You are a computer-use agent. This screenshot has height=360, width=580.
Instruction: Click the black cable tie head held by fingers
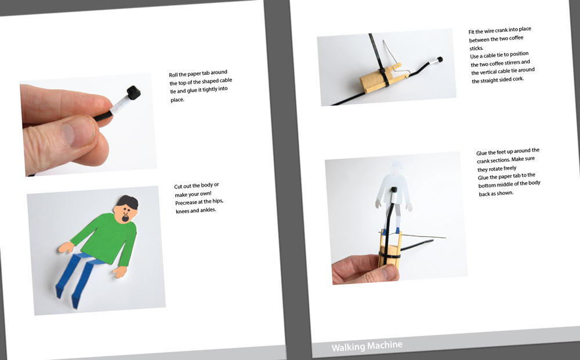point(133,92)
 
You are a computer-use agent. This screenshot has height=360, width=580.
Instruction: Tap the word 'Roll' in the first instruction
point(173,75)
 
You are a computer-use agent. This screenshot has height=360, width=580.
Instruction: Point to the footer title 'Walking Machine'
point(367,346)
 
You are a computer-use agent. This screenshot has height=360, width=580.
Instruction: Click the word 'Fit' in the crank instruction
point(471,32)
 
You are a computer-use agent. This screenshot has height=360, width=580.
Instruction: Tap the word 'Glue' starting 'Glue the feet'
point(481,153)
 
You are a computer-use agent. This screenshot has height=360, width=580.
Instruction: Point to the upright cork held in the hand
point(390,249)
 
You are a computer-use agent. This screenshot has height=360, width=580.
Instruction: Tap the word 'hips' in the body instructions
point(217,201)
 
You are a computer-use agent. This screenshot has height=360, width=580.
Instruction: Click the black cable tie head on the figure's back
point(394,190)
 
